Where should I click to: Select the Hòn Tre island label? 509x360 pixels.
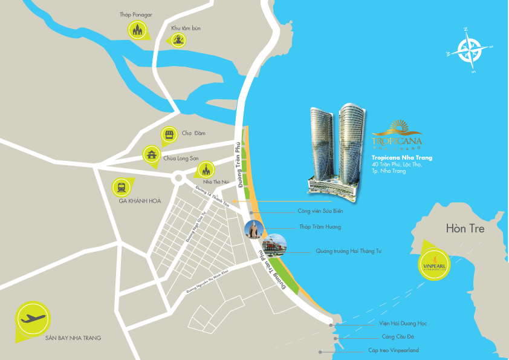pos(465,229)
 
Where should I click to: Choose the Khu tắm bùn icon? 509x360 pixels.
pos(178,41)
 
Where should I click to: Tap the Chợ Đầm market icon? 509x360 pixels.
pos(170,135)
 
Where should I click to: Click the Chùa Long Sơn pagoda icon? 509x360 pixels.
pos(151,154)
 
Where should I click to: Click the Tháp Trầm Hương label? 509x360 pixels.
pos(320,227)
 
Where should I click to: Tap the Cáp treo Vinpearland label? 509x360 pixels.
pos(394,350)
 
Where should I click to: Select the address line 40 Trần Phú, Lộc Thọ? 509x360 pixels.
pos(397,165)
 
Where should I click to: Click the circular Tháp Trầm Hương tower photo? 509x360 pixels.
pos(253,230)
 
